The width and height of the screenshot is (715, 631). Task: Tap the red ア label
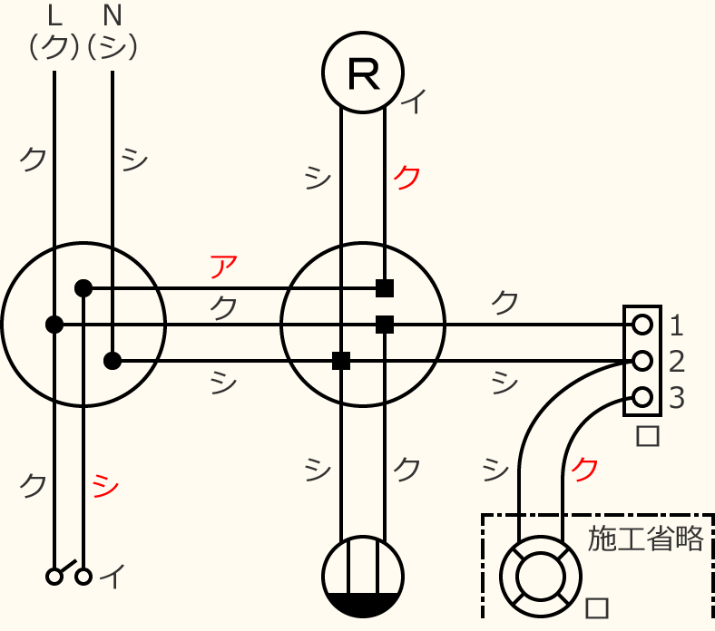(x=223, y=267)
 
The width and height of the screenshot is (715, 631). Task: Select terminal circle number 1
(x=642, y=325)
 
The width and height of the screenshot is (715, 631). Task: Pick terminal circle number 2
(x=642, y=361)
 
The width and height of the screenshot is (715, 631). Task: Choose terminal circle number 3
(x=642, y=397)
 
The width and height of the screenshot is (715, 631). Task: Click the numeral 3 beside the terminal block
(x=677, y=398)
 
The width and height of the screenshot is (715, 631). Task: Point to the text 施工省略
(x=645, y=539)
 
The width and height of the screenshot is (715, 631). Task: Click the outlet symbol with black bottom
(x=363, y=577)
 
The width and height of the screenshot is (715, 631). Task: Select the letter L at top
(x=54, y=16)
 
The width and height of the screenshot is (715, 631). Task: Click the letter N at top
(x=113, y=16)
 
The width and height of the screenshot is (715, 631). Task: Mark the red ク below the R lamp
(x=406, y=177)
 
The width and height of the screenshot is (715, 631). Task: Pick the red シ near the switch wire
(x=105, y=486)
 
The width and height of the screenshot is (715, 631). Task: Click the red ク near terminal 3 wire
(x=584, y=470)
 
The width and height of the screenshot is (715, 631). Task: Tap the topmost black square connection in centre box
(x=385, y=288)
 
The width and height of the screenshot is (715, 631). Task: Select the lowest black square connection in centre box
(x=341, y=361)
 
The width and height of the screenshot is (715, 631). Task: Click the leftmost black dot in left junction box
(x=54, y=325)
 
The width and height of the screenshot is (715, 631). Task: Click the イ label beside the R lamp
(x=414, y=102)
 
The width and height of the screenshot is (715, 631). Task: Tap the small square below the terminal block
(x=648, y=436)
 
